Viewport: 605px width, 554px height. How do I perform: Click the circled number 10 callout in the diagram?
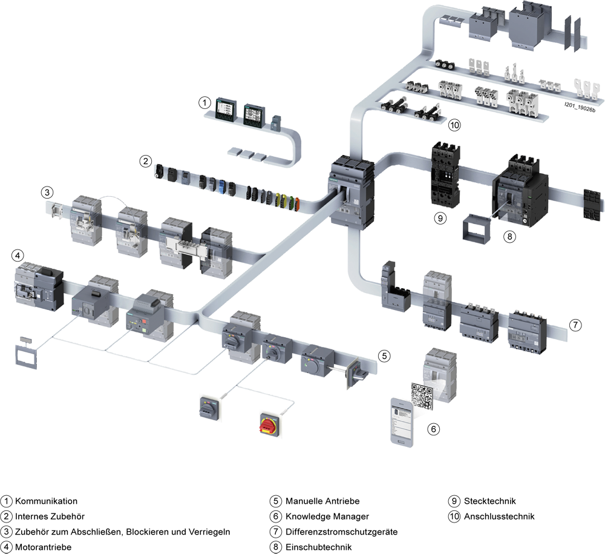[454, 125]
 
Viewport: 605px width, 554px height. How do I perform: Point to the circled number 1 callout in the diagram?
[204, 103]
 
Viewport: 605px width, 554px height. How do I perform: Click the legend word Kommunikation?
[47, 501]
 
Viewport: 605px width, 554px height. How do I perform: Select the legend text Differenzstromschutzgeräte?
[341, 532]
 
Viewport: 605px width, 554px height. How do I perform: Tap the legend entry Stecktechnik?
[489, 501]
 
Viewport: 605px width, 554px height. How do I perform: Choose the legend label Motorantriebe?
[43, 547]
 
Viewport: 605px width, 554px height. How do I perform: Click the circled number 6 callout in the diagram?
[433, 429]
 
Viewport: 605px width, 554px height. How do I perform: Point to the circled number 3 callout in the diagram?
[47, 193]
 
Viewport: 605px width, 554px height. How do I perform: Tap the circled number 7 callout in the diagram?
[575, 325]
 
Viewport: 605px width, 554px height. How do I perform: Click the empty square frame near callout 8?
[476, 229]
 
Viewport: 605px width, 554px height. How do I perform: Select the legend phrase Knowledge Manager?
[327, 516]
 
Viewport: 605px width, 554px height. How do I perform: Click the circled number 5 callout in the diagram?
[384, 355]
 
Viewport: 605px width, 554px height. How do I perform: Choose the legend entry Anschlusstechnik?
[499, 516]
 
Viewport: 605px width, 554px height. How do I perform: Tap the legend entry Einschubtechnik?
[319, 547]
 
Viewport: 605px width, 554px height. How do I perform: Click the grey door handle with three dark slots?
[209, 408]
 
